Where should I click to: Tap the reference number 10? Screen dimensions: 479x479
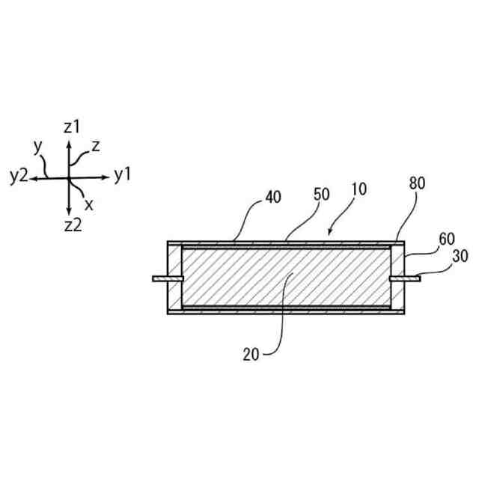pyautogui.click(x=359, y=189)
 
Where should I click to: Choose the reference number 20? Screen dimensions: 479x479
pyautogui.click(x=251, y=354)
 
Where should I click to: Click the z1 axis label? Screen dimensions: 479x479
pyautogui.click(x=71, y=127)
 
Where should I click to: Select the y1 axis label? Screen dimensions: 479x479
pyautogui.click(x=123, y=176)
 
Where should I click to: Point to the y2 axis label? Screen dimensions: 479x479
pyautogui.click(x=19, y=177)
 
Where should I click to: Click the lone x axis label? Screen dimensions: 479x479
pyautogui.click(x=89, y=203)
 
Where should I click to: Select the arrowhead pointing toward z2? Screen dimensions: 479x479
pyautogui.click(x=69, y=212)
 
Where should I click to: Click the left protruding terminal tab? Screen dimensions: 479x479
pyautogui.click(x=166, y=278)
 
